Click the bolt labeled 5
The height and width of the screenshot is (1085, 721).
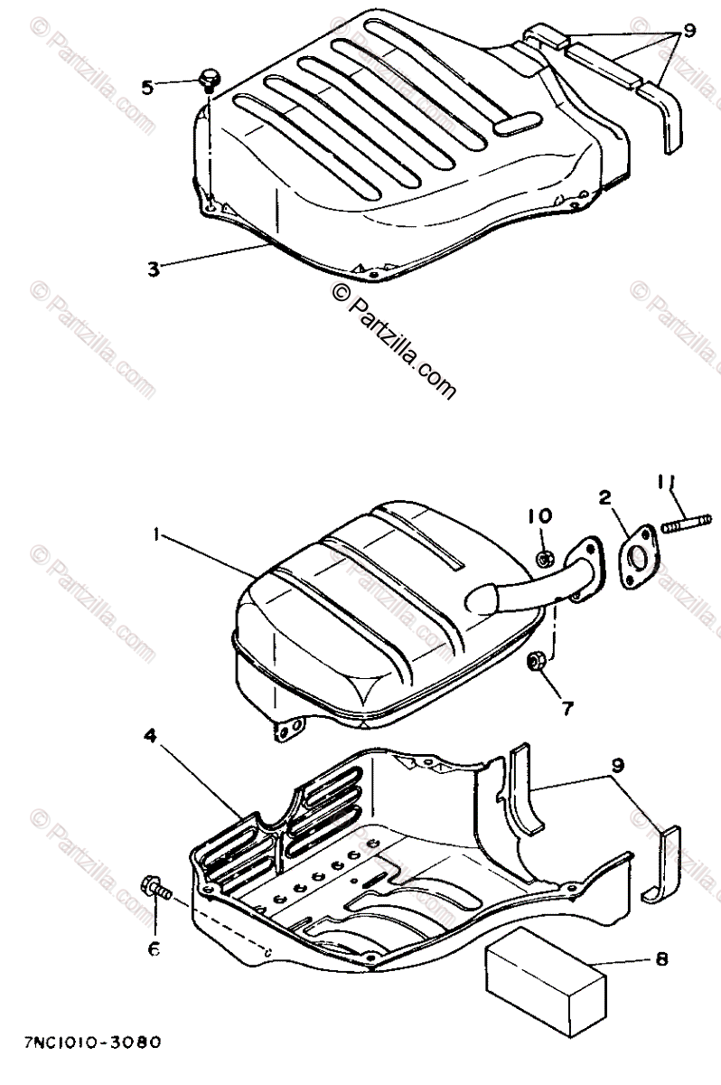pyautogui.click(x=210, y=80)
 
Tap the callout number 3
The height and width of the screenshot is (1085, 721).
pyautogui.click(x=154, y=269)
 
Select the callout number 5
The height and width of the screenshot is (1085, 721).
pyautogui.click(x=147, y=87)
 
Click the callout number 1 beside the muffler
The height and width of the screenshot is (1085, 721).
pyautogui.click(x=156, y=535)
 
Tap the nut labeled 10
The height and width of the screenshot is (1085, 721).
pyautogui.click(x=546, y=559)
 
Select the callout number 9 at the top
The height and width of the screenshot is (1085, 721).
pyautogui.click(x=688, y=31)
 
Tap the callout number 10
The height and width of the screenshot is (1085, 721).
pyautogui.click(x=540, y=516)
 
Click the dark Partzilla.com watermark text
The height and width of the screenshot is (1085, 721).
pyautogui.click(x=392, y=341)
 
